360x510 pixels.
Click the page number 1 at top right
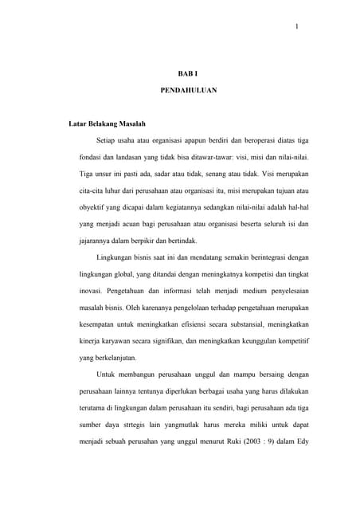pyautogui.click(x=296, y=29)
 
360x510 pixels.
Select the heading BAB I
pyautogui.click(x=187, y=73)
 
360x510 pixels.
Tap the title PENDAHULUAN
pyautogui.click(x=187, y=91)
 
